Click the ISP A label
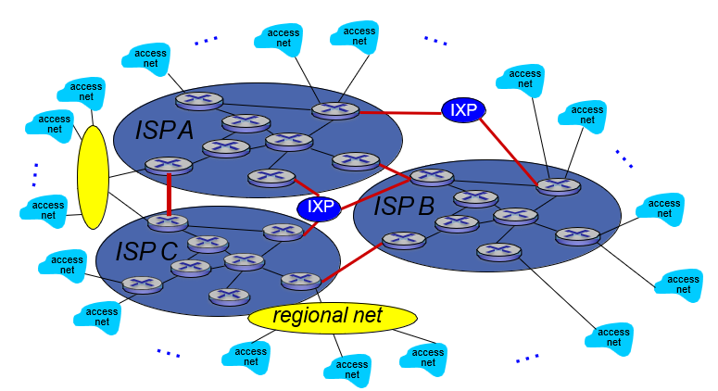(x=164, y=130)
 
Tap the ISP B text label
(x=404, y=206)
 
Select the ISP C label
(x=146, y=250)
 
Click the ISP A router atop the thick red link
(x=169, y=166)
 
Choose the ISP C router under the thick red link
(x=168, y=222)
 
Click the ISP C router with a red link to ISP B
(x=300, y=280)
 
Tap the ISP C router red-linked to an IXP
(x=283, y=232)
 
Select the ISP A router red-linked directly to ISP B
(x=355, y=160)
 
